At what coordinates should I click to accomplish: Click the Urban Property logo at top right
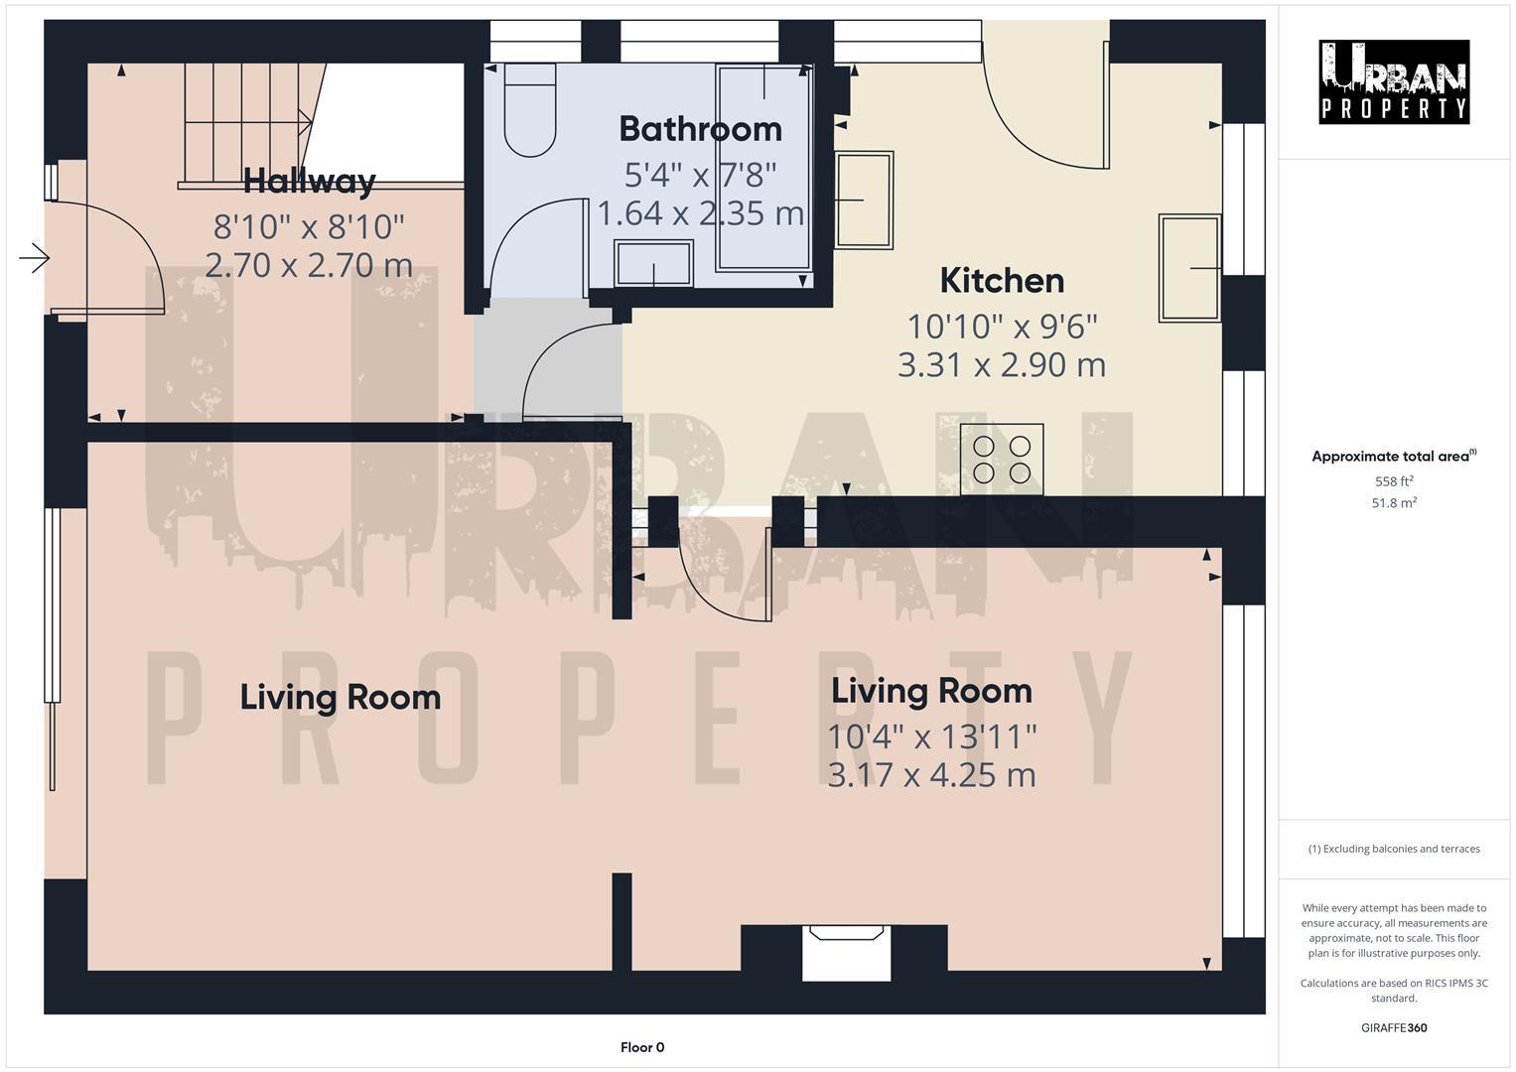1393,81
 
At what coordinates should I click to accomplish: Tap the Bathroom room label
700,129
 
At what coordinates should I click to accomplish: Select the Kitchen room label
1001,281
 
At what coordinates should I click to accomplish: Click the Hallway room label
309,181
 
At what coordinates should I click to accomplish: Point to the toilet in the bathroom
530,109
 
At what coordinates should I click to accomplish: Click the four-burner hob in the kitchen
1002,459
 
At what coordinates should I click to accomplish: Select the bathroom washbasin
653,263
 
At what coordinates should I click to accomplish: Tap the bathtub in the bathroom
763,168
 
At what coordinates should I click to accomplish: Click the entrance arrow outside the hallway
35,259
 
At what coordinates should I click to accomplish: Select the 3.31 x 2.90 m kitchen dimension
1001,365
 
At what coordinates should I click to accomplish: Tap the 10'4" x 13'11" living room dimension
931,737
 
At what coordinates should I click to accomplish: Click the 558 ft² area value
1393,480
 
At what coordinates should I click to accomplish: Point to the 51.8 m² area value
1393,503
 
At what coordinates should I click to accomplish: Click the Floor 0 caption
641,1047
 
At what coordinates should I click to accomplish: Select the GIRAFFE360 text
1393,1027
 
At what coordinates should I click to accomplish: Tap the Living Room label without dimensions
340,698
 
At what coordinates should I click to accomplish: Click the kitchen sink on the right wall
1189,268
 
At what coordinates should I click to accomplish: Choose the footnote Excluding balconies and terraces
1393,849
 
